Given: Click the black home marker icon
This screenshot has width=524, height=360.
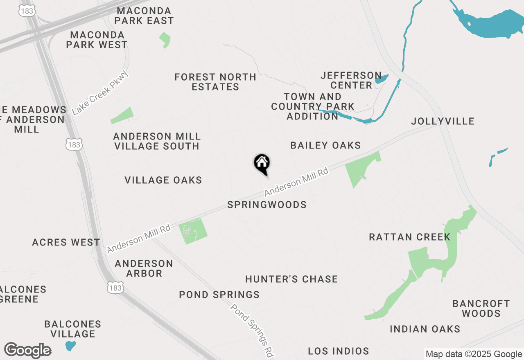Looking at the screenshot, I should [x=262, y=164].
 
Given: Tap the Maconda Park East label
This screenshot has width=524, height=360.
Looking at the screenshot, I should [x=144, y=15].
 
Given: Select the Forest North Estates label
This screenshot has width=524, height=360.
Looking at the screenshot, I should [x=215, y=82].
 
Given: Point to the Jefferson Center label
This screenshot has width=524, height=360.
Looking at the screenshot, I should [x=351, y=80].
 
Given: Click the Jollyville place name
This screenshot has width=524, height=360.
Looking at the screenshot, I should [x=443, y=121].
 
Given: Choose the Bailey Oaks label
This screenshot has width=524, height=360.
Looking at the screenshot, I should [x=325, y=145].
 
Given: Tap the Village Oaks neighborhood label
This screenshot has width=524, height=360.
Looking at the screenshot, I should [x=163, y=180].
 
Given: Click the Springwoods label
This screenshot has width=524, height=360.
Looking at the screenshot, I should [x=267, y=205].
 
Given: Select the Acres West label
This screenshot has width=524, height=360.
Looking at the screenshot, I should [x=66, y=242].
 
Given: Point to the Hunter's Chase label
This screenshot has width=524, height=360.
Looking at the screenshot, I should [x=291, y=279].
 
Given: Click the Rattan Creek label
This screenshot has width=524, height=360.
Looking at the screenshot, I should [x=409, y=237].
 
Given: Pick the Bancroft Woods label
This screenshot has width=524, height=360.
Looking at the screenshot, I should [x=481, y=308].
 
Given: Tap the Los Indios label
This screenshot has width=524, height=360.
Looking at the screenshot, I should [x=339, y=351].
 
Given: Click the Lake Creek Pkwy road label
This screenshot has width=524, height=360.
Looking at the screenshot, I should [x=100, y=93].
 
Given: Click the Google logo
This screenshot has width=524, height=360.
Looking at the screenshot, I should [x=28, y=350].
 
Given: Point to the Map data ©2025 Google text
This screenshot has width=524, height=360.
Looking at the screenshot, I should [x=474, y=354].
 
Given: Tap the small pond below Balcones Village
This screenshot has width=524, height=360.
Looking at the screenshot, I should [x=70, y=346].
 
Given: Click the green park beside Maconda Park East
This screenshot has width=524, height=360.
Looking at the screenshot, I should [x=165, y=40].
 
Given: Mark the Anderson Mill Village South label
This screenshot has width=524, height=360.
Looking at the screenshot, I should [x=157, y=141].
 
